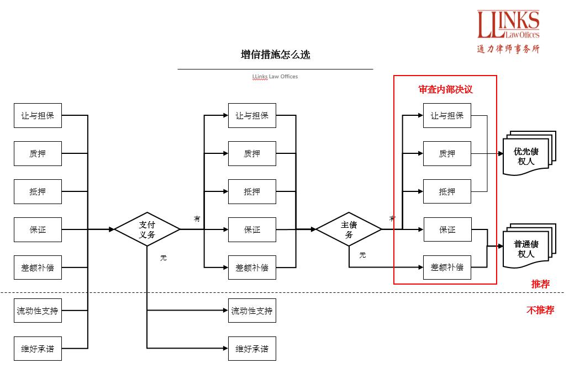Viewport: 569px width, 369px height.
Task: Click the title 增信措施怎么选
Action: [276, 55]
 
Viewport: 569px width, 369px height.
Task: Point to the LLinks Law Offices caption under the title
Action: [275, 77]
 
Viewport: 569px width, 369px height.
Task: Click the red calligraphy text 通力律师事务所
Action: [508, 49]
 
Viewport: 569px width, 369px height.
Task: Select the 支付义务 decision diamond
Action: [147, 229]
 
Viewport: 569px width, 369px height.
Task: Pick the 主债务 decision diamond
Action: [349, 229]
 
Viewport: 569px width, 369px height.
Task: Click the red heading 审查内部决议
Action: [446, 89]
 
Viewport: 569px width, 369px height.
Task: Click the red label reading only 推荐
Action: [540, 284]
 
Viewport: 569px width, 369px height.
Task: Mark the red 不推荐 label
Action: [540, 310]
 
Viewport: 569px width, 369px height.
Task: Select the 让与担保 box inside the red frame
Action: [447, 116]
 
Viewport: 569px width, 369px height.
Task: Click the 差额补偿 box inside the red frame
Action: [447, 268]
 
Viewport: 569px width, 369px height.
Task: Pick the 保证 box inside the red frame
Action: [447, 229]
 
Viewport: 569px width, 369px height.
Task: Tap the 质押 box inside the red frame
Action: [447, 154]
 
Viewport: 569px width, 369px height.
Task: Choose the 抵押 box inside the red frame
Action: [447, 192]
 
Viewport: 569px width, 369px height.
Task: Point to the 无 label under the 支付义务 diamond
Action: [163, 258]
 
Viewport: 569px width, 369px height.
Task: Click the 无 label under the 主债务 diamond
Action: [362, 255]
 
